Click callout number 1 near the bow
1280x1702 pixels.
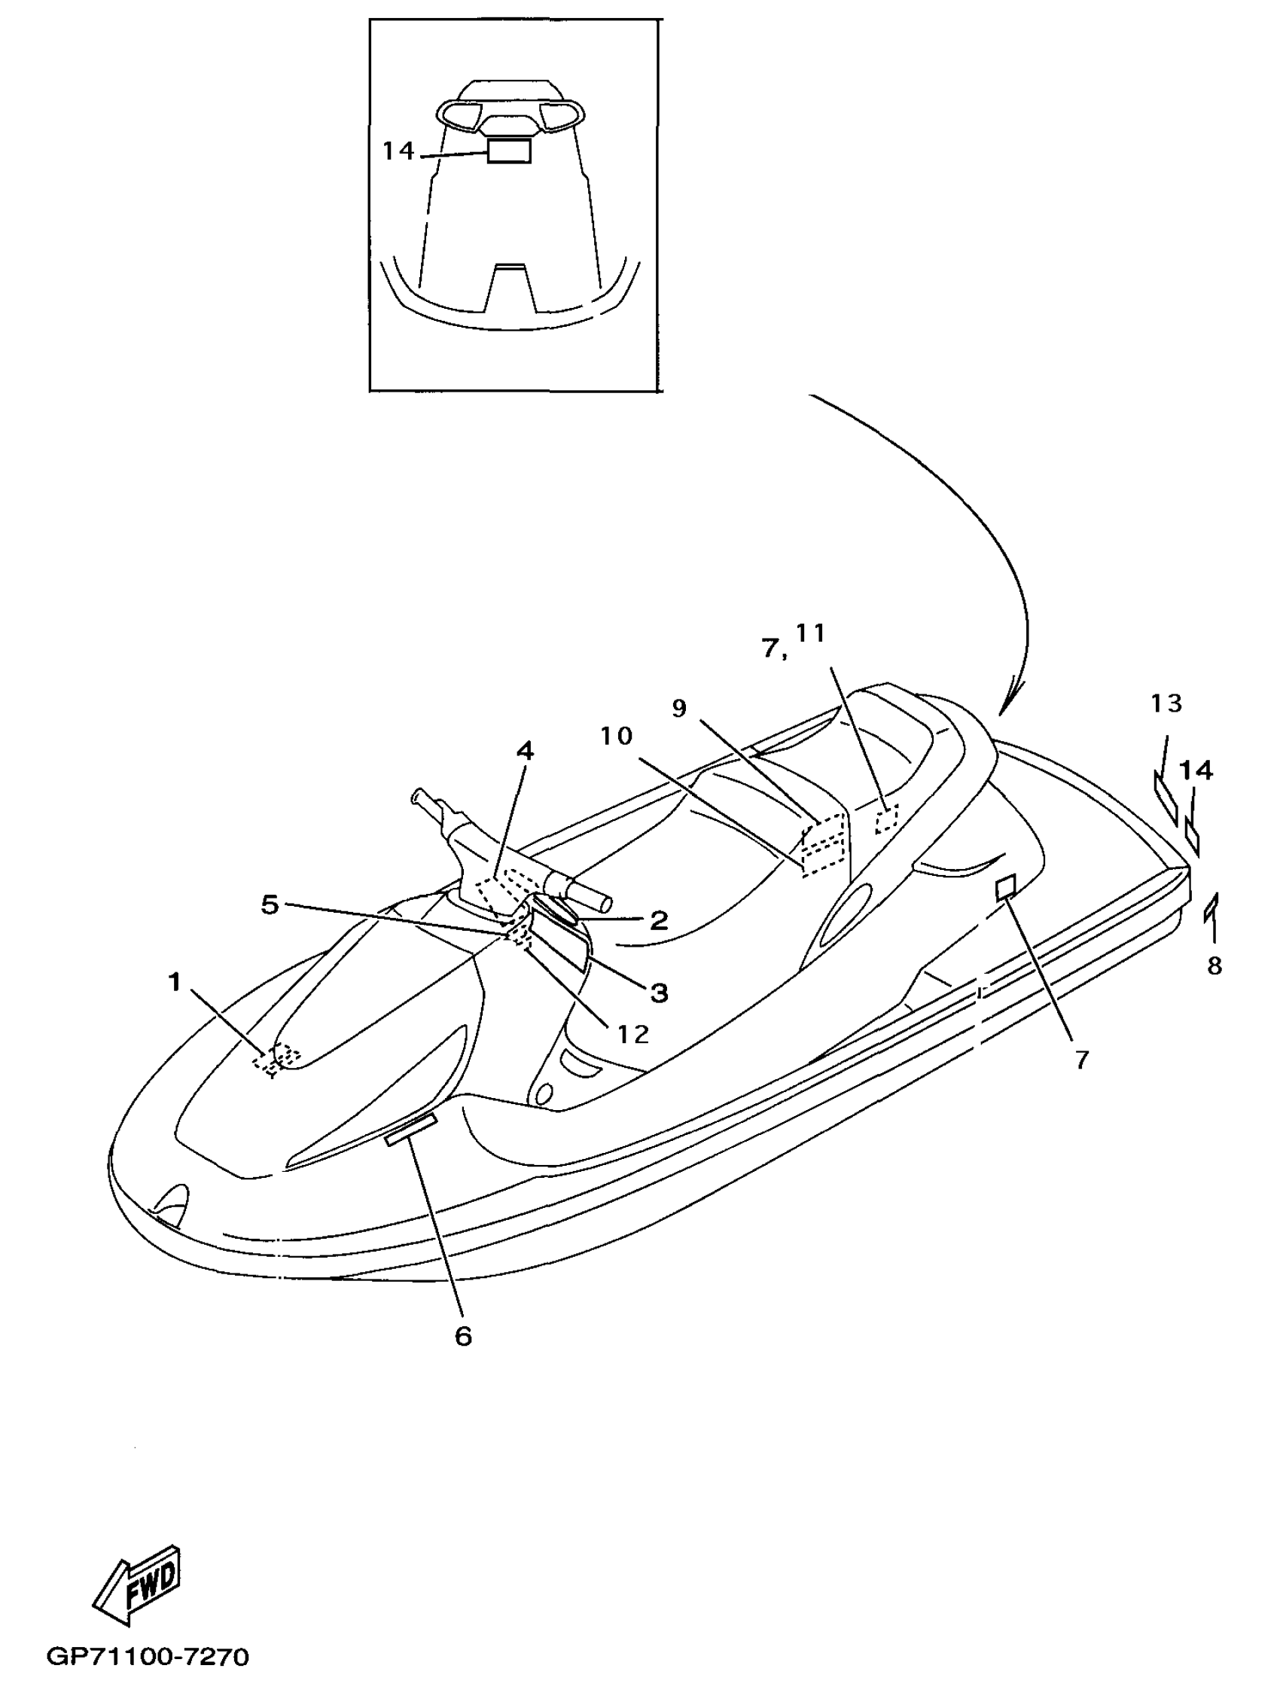click(x=175, y=982)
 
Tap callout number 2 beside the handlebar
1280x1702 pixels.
click(x=659, y=920)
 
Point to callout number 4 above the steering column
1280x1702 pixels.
click(x=525, y=751)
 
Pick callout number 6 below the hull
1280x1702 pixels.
click(x=463, y=1337)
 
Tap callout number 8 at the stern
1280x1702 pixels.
click(x=1214, y=965)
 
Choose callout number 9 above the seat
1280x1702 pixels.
click(x=678, y=708)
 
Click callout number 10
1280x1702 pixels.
click(x=616, y=737)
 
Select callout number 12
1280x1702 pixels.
click(x=633, y=1033)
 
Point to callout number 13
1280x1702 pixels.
click(x=1166, y=703)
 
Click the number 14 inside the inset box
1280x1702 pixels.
click(x=398, y=151)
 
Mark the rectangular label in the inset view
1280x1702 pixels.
click(x=508, y=151)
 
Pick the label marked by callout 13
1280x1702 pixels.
click(x=1165, y=796)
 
